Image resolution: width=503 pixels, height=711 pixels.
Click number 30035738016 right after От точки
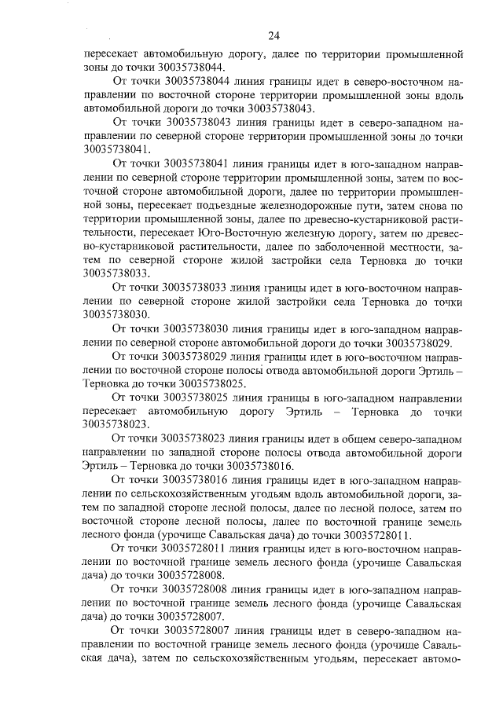click(196, 478)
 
